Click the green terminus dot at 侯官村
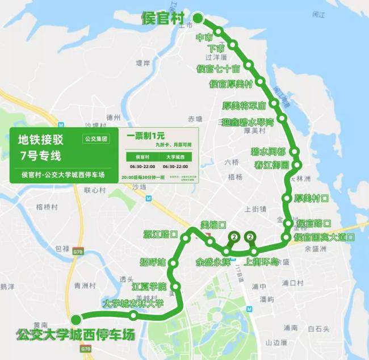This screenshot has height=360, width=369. point(198,19)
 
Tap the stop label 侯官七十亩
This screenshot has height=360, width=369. point(218,69)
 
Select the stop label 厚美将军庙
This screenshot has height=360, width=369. point(244,106)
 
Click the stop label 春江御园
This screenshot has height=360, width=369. point(271,165)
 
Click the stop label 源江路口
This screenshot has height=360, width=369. point(161,234)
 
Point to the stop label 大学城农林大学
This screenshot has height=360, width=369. point(132,304)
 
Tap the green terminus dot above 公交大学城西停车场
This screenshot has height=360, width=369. point(76,319)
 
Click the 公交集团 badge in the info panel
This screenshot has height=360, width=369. point(96,138)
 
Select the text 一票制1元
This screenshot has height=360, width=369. point(146,136)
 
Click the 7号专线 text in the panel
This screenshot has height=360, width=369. point(40,156)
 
